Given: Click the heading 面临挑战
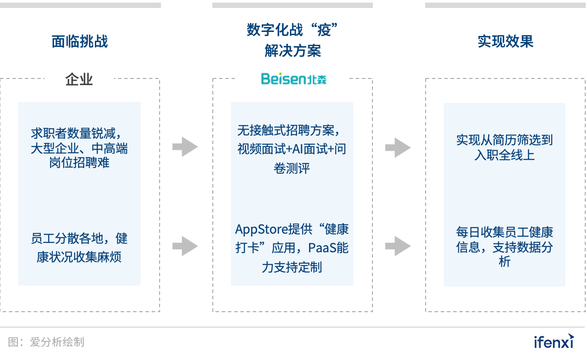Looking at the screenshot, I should pos(80,42).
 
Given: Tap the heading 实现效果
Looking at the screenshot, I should pos(505,42).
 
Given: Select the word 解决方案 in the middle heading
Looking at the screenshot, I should pos(293,51).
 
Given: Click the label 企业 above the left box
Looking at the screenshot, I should pos(79,79).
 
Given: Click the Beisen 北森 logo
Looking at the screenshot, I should pos(293,79).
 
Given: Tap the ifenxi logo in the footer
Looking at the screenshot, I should pos(554,341).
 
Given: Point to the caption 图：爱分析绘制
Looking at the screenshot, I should pos(46,342).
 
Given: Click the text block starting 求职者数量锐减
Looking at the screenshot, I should pos(79,148).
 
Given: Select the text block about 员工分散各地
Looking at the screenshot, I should pos(79,247).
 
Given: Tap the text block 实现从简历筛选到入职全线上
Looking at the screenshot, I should pos(505,148).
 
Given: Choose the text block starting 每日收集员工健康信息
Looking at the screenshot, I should pos(505,247).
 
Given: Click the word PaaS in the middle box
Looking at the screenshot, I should pos(323,248).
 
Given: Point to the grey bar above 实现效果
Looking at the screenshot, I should pos(505,5).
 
